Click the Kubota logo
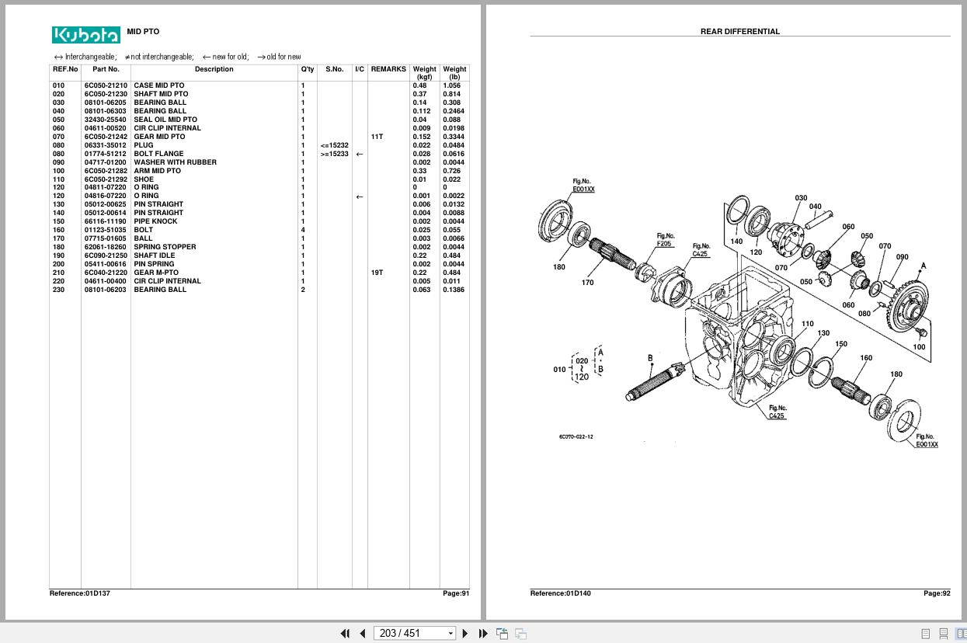point(86,35)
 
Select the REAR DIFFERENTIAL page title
point(739,32)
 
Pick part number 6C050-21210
point(106,85)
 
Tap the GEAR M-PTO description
point(155,273)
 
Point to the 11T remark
point(377,137)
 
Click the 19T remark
point(377,273)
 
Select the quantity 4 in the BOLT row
point(303,230)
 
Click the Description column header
point(214,69)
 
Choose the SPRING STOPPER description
point(165,247)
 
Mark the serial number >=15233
point(334,154)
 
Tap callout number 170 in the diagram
point(587,283)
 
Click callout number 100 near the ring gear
point(919,347)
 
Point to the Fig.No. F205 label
point(665,239)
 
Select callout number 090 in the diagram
point(902,257)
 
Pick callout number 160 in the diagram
point(866,358)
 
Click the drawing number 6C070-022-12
point(576,436)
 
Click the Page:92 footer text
point(936,593)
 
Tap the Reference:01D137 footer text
point(79,593)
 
